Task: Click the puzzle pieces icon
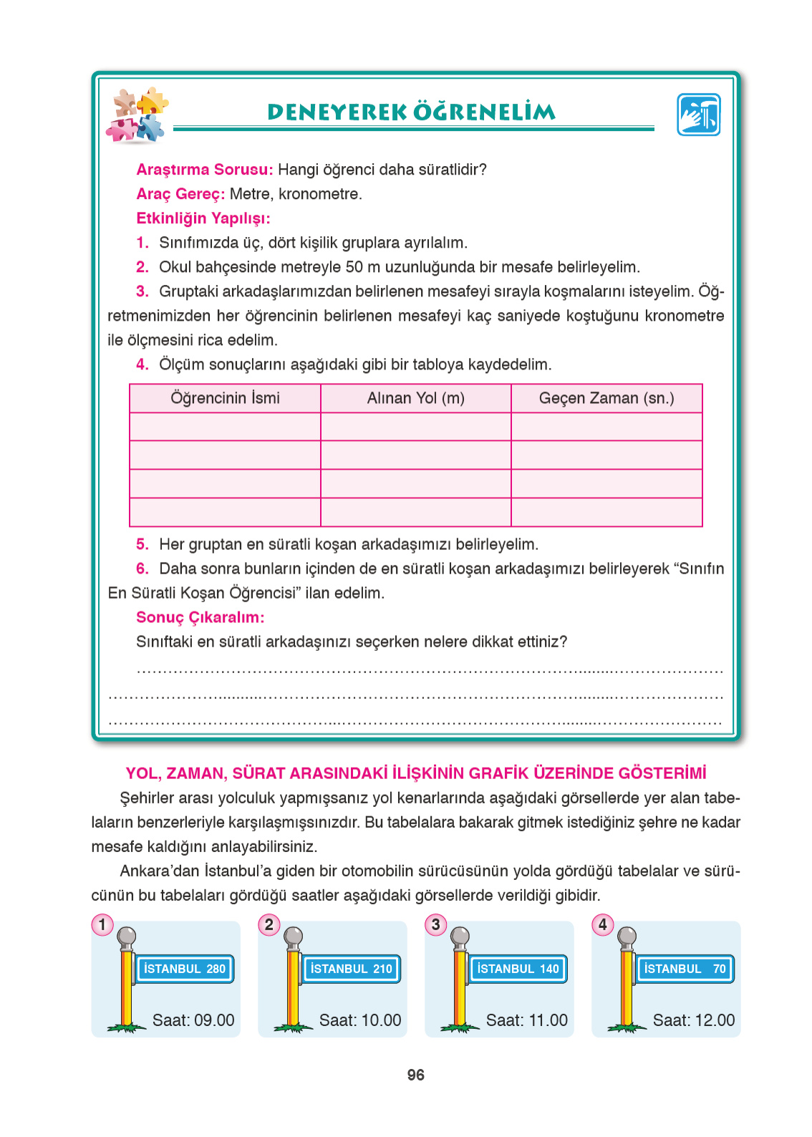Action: [137, 115]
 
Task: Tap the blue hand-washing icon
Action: [698, 115]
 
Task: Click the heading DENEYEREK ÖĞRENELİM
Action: [411, 112]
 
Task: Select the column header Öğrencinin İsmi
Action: [225, 398]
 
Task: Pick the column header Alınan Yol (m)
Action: [415, 398]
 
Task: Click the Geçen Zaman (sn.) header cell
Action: [606, 398]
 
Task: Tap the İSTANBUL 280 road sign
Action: [185, 969]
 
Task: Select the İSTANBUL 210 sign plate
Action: [351, 969]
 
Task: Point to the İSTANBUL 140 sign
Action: [518, 969]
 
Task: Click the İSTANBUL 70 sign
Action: [685, 969]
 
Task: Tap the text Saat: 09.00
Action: [193, 1020]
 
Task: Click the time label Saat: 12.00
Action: [693, 1020]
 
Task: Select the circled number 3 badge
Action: [435, 924]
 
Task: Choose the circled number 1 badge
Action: [102, 924]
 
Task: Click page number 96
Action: [415, 1075]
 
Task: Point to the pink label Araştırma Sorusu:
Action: [204, 170]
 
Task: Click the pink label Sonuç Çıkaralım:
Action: [200, 617]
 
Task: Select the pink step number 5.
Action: [142, 544]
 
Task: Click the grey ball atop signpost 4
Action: [627, 936]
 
